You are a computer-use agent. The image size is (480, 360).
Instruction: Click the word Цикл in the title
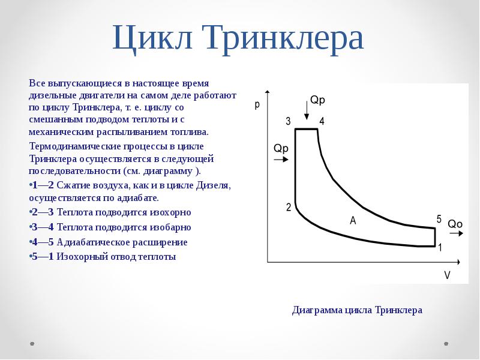152,38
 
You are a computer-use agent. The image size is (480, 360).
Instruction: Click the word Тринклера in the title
284,38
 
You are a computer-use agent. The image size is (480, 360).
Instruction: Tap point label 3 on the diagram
288,121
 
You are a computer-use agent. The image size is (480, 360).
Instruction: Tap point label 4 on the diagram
322,121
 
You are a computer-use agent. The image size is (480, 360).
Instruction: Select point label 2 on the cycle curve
289,207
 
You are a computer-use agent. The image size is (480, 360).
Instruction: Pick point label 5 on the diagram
439,219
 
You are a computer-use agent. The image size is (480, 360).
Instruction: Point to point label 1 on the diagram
440,247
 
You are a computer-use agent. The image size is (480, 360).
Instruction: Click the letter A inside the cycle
353,220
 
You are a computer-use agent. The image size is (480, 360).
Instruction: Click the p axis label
257,105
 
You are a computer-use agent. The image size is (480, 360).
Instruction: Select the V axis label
447,275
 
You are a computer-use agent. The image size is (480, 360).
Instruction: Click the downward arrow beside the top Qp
306,111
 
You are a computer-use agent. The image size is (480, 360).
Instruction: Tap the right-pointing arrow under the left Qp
281,160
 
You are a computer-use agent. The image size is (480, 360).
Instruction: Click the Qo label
455,224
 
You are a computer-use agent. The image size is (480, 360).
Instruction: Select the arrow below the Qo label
457,233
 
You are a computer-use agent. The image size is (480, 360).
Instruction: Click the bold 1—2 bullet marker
43,185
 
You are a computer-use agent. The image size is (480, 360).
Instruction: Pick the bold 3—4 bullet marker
43,227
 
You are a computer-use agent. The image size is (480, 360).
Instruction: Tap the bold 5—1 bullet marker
43,257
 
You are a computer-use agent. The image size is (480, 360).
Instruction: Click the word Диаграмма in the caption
317,310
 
